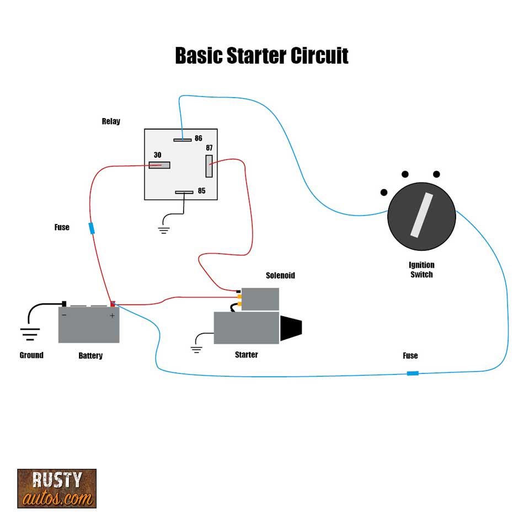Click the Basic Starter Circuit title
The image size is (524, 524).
[261, 56]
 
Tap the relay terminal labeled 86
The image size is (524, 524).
[182, 140]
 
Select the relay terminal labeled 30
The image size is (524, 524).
[159, 165]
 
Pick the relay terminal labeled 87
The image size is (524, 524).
[209, 166]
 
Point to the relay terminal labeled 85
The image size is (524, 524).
[184, 193]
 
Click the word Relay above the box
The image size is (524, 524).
[111, 121]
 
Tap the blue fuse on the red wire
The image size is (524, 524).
[92, 228]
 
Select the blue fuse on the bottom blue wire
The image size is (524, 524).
[412, 373]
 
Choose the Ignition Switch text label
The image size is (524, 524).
[421, 270]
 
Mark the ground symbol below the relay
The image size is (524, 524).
[164, 229]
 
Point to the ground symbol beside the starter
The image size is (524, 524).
[196, 348]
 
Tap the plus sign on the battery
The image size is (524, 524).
[112, 316]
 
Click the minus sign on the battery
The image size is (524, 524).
[65, 316]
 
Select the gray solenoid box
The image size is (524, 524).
[260, 299]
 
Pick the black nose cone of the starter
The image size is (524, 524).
[291, 328]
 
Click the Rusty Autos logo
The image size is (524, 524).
[57, 488]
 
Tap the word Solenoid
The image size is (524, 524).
[280, 275]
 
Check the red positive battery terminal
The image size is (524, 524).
[113, 303]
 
